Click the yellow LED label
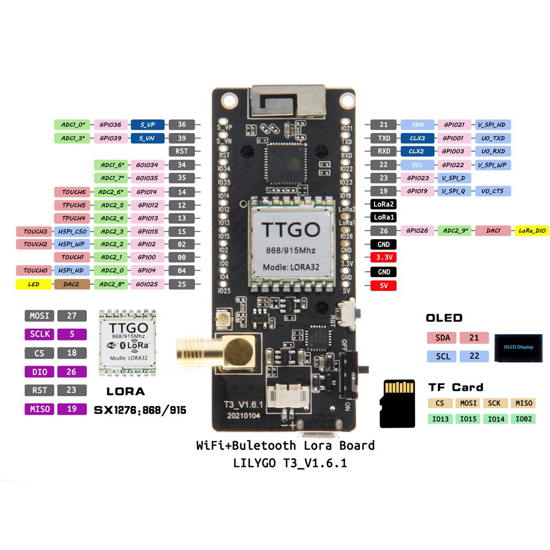pyautogui.click(x=34, y=284)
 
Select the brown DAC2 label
pyautogui.click(x=72, y=284)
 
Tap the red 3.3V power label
pyautogui.click(x=383, y=257)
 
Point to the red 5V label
pyautogui.click(x=383, y=285)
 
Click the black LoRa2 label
pyautogui.click(x=383, y=204)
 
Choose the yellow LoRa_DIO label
pyautogui.click(x=531, y=231)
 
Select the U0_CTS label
pyautogui.click(x=493, y=191)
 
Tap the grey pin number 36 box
pyautogui.click(x=182, y=125)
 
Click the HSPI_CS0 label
pyautogui.click(x=72, y=231)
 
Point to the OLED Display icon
pyautogui.click(x=518, y=347)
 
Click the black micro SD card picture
pyautogui.click(x=398, y=403)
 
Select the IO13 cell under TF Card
pyautogui.click(x=440, y=419)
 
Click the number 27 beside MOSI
pyautogui.click(x=71, y=316)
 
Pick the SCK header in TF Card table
pyautogui.click(x=494, y=403)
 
